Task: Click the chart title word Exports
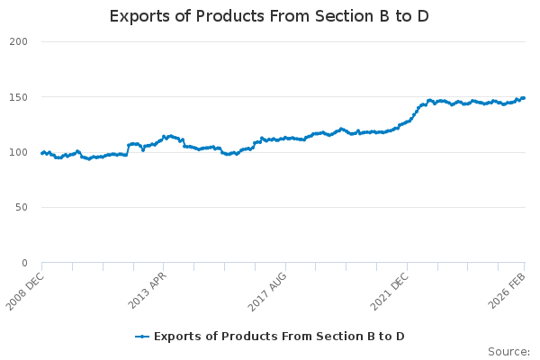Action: click(141, 16)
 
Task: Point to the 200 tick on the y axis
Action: click(19, 41)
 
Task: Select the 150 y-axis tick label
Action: click(19, 97)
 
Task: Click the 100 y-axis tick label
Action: click(19, 152)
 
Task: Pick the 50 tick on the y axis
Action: click(22, 208)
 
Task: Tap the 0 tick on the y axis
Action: click(25, 263)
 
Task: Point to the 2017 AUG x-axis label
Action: click(268, 289)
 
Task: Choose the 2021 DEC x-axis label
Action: click(390, 289)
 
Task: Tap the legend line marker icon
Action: click(142, 337)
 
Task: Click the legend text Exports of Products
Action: click(204, 337)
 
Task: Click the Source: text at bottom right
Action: click(508, 351)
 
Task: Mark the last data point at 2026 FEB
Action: click(524, 98)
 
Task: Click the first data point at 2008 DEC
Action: click(42, 153)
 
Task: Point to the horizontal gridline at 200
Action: click(270, 41)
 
